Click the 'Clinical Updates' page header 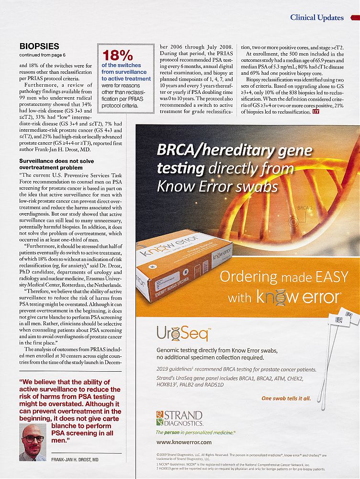(316, 18)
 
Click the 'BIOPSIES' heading (39, 46)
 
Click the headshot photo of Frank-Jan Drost (33, 441)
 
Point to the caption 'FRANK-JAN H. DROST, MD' (75, 460)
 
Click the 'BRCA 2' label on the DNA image (305, 208)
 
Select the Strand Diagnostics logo (180, 418)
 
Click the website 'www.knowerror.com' (184, 442)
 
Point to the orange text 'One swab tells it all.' (286, 398)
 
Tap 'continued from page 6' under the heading (42, 55)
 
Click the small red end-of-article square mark (315, 112)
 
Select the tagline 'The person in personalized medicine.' (196, 432)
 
